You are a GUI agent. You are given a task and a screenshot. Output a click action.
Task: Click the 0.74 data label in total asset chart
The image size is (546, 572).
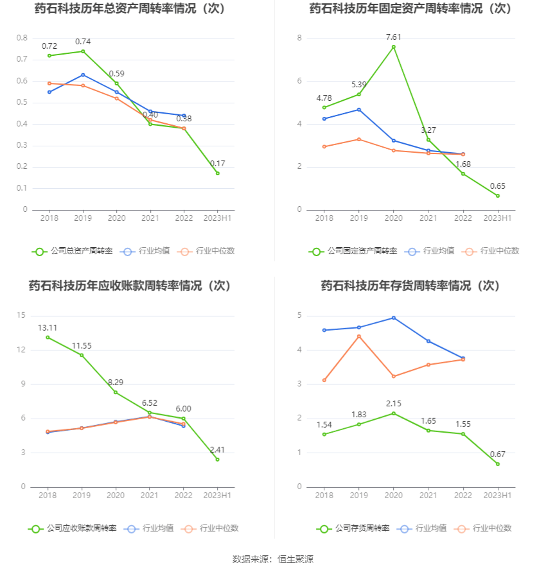coord(83,41)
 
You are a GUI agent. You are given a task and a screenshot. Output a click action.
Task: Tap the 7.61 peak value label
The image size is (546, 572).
coord(394,37)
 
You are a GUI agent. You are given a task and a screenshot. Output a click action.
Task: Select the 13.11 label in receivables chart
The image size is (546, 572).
coord(48,327)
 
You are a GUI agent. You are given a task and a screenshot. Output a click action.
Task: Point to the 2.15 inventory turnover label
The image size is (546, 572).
coord(394,403)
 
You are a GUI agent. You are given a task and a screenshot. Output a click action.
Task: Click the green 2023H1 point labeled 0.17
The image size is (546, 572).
coord(217,173)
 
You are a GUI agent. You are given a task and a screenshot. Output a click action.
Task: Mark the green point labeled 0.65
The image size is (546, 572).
coord(497,196)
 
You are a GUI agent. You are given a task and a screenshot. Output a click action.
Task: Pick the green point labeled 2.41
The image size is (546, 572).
coord(217,459)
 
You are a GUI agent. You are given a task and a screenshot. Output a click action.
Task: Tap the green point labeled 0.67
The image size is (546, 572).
coord(497,464)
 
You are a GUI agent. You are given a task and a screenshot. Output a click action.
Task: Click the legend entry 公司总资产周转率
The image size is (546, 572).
coord(73,251)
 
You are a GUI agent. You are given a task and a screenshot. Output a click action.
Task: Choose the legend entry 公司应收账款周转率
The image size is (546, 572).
coord(73,528)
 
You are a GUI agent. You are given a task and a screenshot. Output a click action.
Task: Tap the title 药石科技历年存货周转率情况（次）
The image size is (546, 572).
coord(410,285)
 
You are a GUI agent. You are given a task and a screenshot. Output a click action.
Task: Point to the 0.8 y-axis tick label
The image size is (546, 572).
coord(22,38)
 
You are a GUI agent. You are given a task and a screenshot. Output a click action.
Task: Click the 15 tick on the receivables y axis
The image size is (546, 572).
coord(22,315)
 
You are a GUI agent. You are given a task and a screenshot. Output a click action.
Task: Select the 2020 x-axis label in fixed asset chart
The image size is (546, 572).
coord(394,218)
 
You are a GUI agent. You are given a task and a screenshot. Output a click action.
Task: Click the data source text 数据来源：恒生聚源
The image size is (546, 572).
coord(272,559)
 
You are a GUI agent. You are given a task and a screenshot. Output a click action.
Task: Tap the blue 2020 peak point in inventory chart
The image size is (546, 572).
coord(394,318)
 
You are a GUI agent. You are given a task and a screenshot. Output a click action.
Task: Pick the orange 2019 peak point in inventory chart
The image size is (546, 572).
coord(359,336)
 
